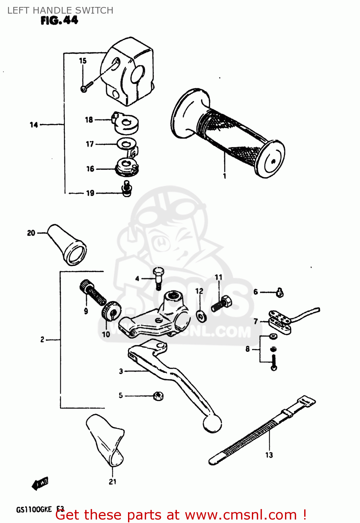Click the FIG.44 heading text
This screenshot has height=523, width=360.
click(59, 21)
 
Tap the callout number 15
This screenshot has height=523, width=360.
click(83, 61)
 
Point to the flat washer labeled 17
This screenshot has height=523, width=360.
click(126, 143)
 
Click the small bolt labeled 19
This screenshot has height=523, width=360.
click(127, 189)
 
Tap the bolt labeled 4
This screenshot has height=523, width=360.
click(158, 277)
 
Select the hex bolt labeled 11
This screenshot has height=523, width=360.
click(222, 303)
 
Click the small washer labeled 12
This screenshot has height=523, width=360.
click(201, 316)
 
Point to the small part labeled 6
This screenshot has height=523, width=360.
click(280, 293)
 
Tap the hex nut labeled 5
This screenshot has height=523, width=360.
click(159, 396)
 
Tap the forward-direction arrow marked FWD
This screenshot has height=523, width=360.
click(40, 484)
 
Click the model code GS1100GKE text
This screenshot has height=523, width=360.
click(34, 509)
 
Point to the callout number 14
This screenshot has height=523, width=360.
click(34, 125)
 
